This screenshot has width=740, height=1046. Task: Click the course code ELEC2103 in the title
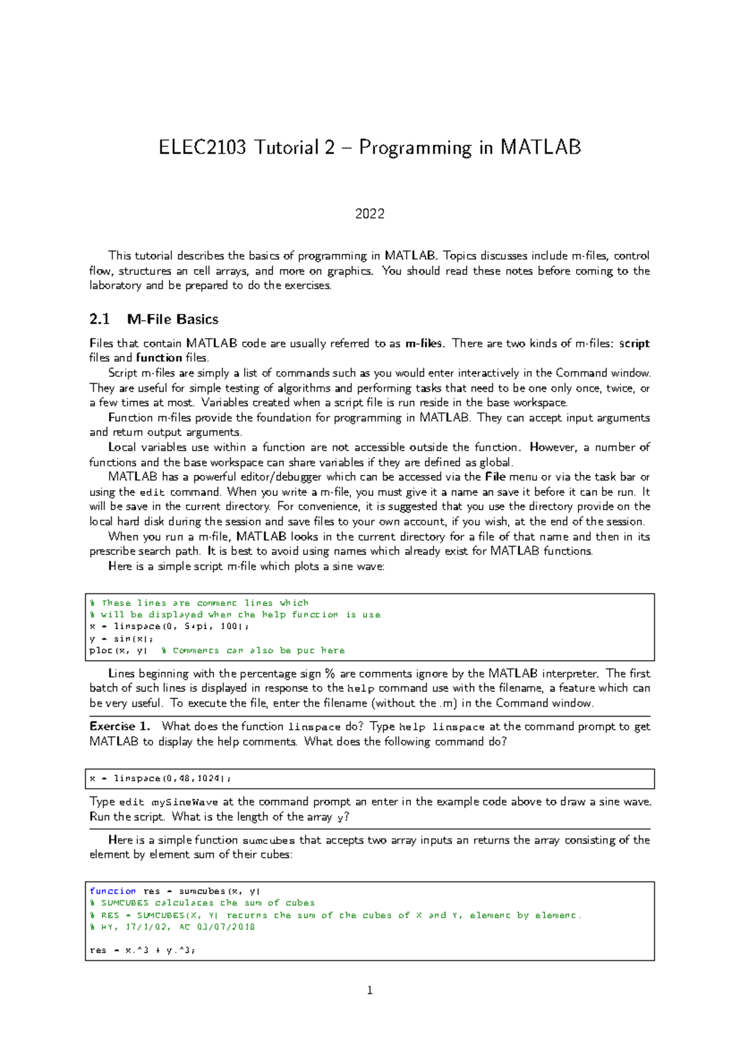202,148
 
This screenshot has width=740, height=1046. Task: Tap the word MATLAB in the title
540,148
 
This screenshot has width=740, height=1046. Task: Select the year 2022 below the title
370,214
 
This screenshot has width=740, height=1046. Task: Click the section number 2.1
99,319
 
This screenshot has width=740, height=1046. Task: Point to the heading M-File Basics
173,319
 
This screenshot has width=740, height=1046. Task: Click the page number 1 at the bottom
370,991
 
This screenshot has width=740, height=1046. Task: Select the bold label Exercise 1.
120,727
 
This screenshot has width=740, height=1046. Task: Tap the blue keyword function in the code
112,891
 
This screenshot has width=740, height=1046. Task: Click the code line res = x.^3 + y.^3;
142,950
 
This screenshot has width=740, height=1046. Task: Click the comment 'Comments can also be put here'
258,651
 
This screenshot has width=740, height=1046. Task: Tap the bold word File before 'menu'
495,477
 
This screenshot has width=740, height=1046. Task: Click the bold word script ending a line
634,344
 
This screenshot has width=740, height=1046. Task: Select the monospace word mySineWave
185,802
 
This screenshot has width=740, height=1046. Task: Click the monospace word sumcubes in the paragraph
269,841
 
